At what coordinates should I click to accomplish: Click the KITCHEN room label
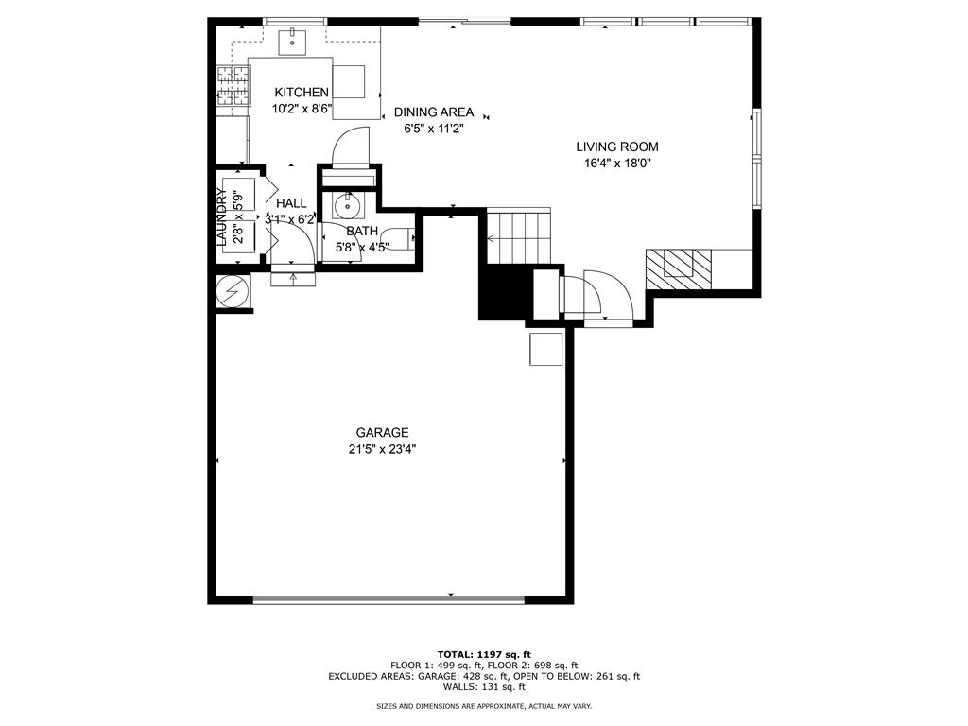[302, 93]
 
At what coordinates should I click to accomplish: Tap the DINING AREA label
[434, 112]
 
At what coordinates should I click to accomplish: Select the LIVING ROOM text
[617, 147]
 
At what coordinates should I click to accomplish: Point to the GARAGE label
[382, 433]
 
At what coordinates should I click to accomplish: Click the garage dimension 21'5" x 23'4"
[382, 450]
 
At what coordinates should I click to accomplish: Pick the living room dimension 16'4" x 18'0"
[617, 163]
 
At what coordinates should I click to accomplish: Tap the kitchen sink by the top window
[293, 40]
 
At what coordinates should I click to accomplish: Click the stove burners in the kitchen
[233, 85]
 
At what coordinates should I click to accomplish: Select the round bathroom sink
[348, 205]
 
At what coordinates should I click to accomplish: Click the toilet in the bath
[401, 239]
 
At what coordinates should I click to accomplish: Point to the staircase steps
[518, 238]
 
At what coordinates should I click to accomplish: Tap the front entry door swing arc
[605, 295]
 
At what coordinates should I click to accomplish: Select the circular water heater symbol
[231, 291]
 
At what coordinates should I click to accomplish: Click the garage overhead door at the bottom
[389, 598]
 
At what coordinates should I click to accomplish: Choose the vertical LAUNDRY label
[222, 217]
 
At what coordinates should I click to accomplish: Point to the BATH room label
[362, 231]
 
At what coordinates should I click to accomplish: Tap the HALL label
[291, 203]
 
